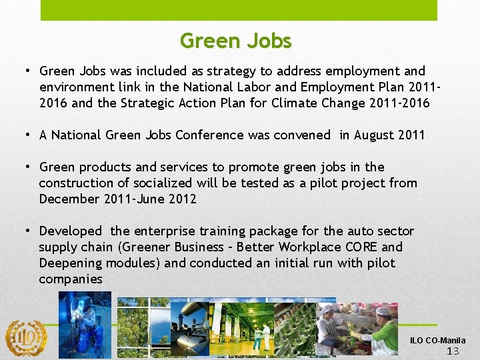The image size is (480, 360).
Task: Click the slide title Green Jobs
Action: [x=235, y=41]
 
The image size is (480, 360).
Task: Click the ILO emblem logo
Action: [x=26, y=337]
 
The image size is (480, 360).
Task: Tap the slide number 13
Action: [x=453, y=351]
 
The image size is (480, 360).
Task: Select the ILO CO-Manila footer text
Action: [x=438, y=341]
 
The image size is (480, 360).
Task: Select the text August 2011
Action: [x=389, y=135]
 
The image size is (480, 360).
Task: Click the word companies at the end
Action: [x=71, y=279]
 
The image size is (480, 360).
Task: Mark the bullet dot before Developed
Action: [x=29, y=231]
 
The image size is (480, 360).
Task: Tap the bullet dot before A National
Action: [x=29, y=135]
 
